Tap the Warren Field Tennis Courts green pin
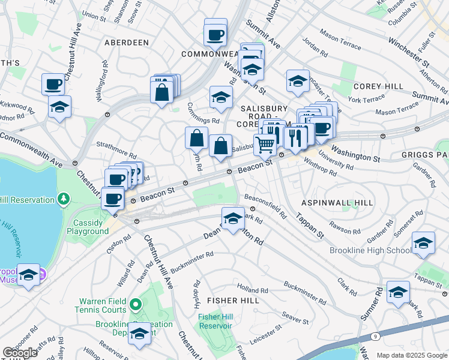point(136,305)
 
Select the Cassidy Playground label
point(88,227)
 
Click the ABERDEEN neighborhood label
point(126,43)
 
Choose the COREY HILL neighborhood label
point(378,86)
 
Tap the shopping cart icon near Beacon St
point(265,143)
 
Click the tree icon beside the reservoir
point(63,199)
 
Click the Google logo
point(20,353)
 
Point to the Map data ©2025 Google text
point(412,355)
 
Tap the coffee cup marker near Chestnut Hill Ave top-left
point(53,84)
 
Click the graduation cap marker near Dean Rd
point(232,218)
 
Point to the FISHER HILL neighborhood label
point(233,300)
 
